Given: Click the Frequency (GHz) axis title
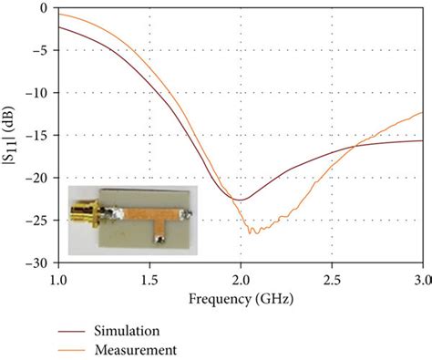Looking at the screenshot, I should pos(241,298).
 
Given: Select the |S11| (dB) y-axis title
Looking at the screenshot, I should pos(13,135).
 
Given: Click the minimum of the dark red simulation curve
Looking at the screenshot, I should pos(238,199).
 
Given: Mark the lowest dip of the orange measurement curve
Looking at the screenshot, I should pos(252,232).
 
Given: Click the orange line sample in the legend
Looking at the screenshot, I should pos(73,348).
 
